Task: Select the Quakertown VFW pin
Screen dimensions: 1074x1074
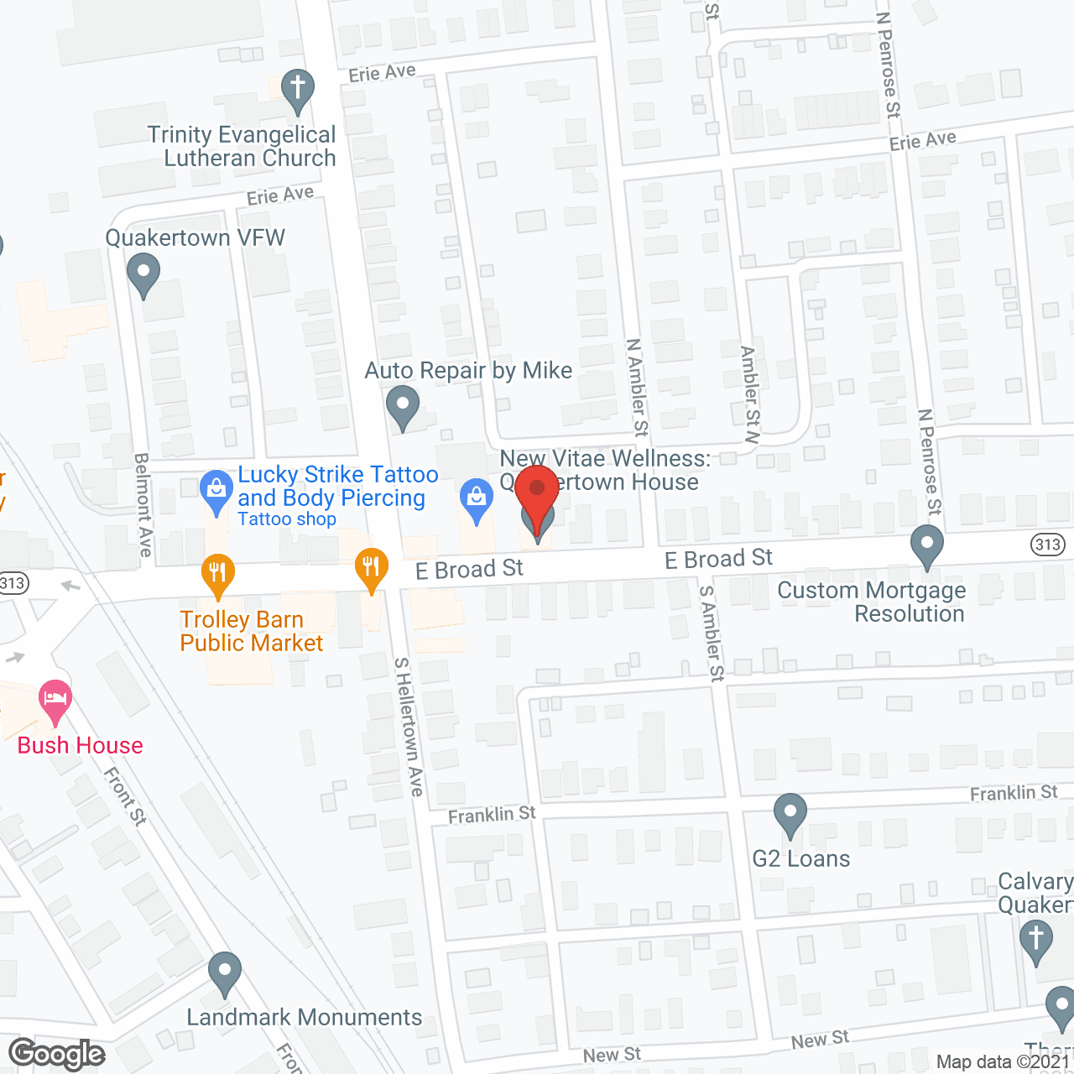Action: tap(143, 273)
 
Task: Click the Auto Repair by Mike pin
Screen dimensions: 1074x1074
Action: tap(403, 406)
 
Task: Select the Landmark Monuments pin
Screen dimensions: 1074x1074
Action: tap(224, 972)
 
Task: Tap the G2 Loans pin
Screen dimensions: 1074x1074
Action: tap(790, 813)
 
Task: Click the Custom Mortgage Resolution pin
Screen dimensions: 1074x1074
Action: tap(926, 545)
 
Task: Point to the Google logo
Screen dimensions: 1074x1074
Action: tap(57, 1054)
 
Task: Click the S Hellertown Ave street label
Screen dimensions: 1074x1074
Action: tap(409, 727)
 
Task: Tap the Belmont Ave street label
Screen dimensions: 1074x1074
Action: tap(143, 505)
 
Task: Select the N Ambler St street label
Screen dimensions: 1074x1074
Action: tap(638, 388)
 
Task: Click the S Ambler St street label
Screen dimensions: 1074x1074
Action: tap(712, 633)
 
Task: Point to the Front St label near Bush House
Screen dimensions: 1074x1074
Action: tap(126, 795)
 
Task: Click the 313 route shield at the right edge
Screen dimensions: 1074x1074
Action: tap(1048, 545)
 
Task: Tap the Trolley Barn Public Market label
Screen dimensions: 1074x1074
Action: tap(251, 631)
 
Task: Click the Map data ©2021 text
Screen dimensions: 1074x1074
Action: tap(1003, 1061)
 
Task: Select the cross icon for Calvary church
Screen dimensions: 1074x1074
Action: tap(1035, 938)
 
